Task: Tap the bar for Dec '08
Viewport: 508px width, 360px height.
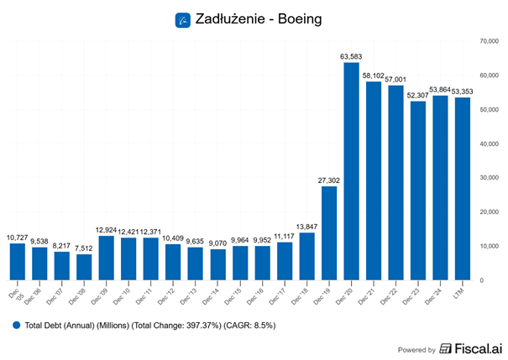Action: click(84, 267)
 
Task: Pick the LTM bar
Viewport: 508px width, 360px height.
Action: click(463, 189)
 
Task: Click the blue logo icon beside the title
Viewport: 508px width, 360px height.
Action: click(183, 18)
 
